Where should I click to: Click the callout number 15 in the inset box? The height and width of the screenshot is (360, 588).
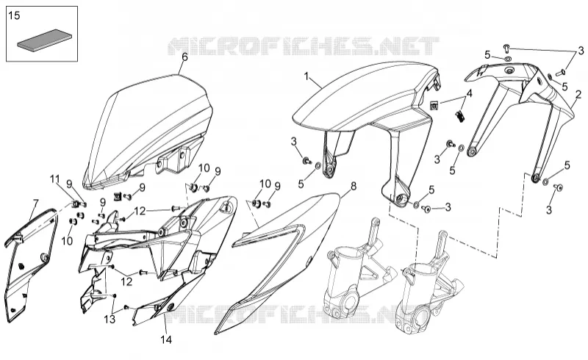tap(14, 15)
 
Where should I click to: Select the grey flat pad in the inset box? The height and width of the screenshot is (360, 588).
tap(44, 40)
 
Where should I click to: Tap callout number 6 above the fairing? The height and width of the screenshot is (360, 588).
tap(184, 57)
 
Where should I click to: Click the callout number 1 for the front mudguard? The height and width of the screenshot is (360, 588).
tap(306, 77)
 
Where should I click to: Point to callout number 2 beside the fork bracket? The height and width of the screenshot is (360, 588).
tap(578, 95)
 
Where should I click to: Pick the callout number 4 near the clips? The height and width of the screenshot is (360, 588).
tap(469, 94)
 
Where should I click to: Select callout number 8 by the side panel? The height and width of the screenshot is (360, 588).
tap(354, 186)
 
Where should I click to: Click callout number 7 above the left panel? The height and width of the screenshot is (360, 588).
tap(35, 204)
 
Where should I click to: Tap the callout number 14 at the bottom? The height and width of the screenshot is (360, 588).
tap(166, 339)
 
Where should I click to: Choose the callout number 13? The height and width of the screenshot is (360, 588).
tap(110, 320)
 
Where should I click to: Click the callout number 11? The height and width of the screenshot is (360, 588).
tap(55, 179)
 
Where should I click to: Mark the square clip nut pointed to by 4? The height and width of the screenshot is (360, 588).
tap(434, 105)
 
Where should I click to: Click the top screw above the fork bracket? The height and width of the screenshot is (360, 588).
tap(506, 48)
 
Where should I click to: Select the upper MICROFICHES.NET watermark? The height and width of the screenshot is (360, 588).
tap(303, 46)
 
